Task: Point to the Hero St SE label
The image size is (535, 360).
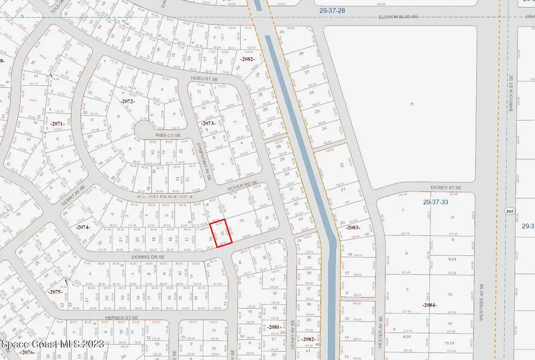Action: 204,79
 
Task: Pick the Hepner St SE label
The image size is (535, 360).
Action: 123,318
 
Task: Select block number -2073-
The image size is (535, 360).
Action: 208,123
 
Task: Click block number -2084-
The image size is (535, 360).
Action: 430,305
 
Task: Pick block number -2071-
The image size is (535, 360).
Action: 57,123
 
